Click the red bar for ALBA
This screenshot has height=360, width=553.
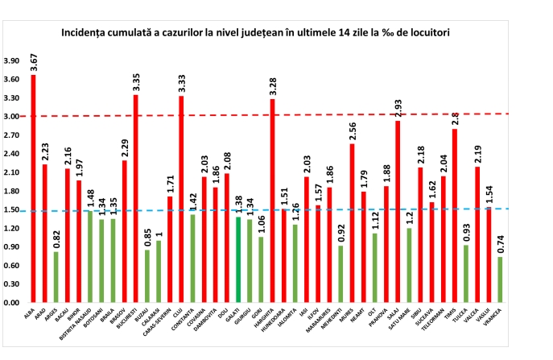point(33,188)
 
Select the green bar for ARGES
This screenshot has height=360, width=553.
point(56,277)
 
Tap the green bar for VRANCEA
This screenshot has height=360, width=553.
point(501,279)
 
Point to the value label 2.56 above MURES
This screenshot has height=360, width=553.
point(352,130)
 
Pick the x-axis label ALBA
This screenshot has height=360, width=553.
point(29,313)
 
